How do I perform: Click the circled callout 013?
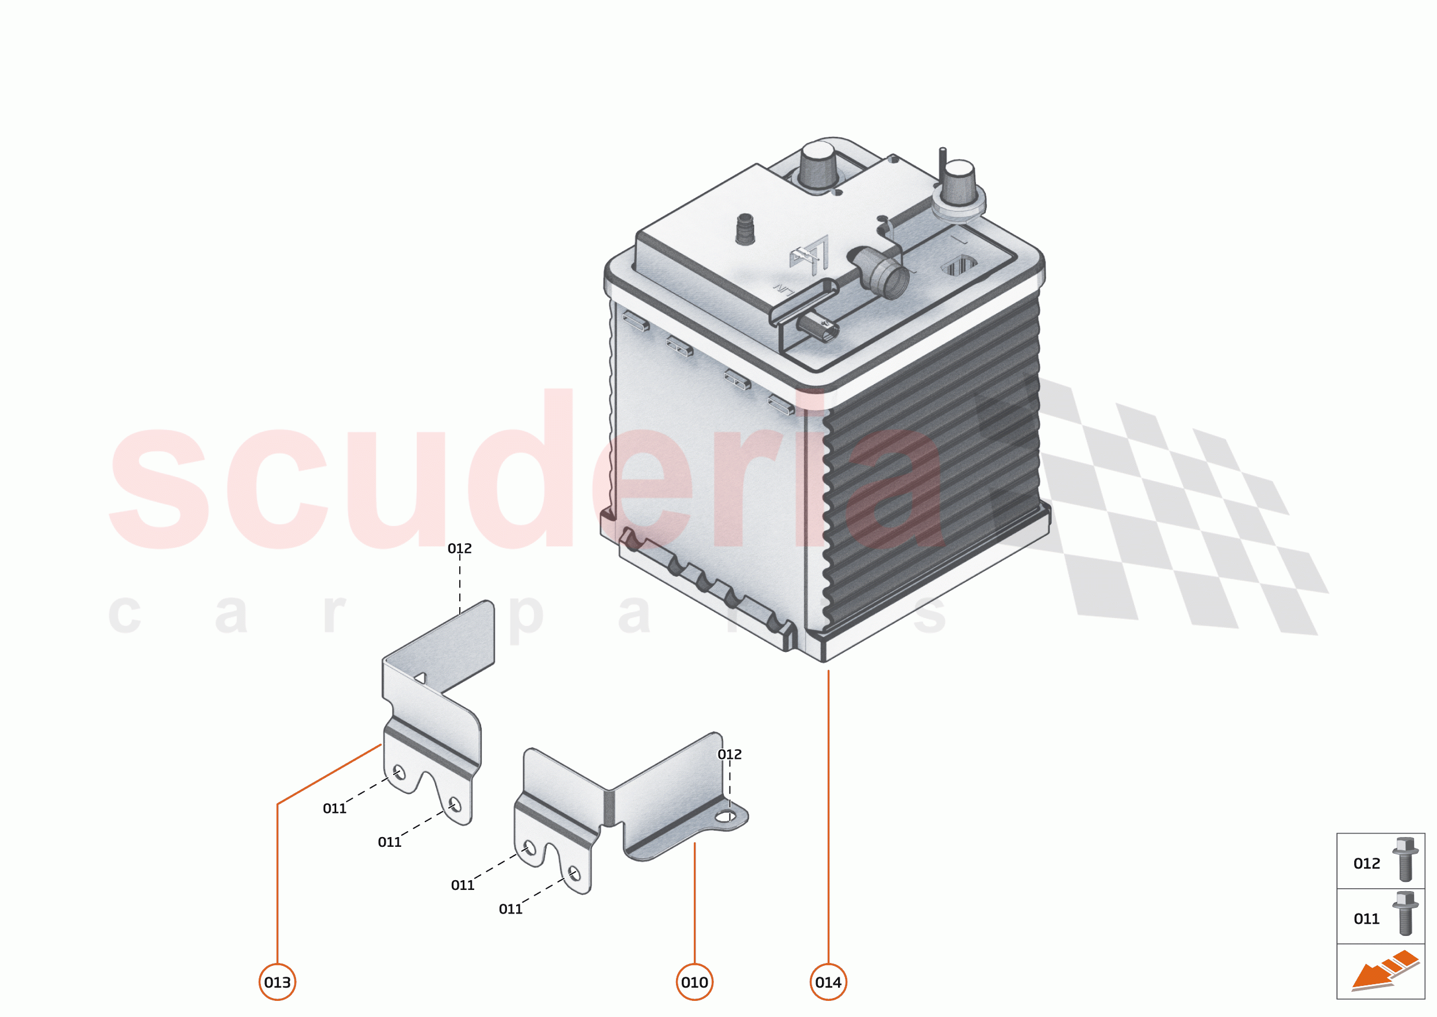click(x=278, y=982)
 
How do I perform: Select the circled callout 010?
click(x=694, y=982)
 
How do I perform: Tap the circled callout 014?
click(x=828, y=982)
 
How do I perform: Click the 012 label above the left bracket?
click(x=460, y=548)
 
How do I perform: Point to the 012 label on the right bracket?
click(x=729, y=755)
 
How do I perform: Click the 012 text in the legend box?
click(x=1367, y=864)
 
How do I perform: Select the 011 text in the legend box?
click(x=1367, y=919)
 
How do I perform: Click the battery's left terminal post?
click(x=818, y=164)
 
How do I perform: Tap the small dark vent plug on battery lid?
click(x=745, y=229)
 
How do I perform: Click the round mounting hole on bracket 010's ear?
click(x=727, y=816)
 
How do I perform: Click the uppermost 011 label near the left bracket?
click(x=335, y=808)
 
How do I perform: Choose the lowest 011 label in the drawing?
click(x=510, y=909)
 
